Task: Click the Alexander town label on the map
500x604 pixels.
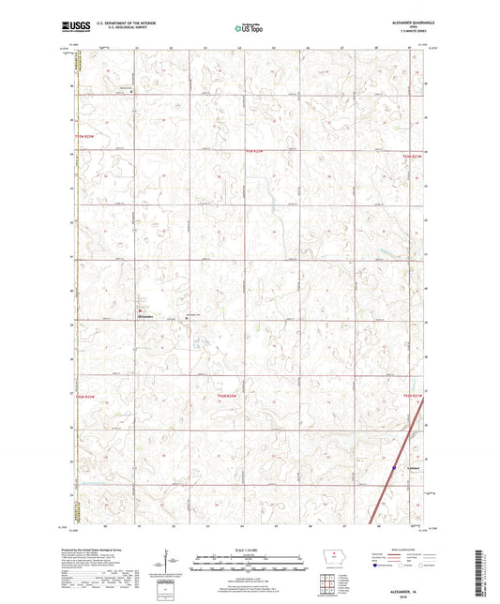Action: (x=144, y=320)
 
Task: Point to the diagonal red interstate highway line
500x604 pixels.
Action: (x=385, y=488)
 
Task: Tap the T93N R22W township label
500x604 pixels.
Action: (x=85, y=137)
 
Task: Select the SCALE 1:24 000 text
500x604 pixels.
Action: (x=249, y=551)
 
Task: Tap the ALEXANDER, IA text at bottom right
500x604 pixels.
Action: (x=410, y=581)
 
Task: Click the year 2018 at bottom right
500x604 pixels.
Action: (x=410, y=587)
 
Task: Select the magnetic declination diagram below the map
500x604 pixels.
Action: (x=167, y=566)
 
